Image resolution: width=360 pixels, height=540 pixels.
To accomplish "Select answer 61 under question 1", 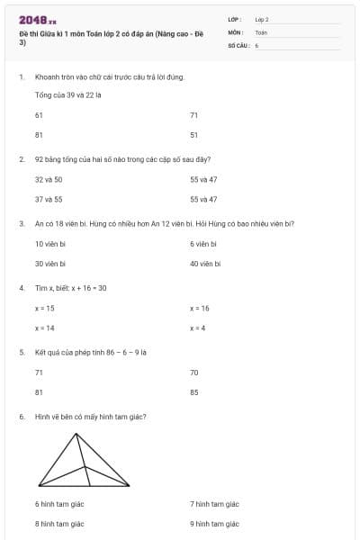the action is [x=39, y=115].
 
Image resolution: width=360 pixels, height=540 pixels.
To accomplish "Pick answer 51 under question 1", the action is [x=193, y=135].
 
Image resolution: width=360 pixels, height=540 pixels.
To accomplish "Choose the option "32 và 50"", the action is [x=48, y=179].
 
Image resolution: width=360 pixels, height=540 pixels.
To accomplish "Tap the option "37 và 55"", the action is [x=48, y=199].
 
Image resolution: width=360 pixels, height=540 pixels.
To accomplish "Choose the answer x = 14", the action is [x=44, y=328].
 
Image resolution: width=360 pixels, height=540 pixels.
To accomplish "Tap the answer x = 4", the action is [x=198, y=328].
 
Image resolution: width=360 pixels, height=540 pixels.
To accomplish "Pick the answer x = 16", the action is [x=200, y=308].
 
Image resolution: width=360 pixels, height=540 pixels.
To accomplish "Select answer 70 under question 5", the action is [x=193, y=372].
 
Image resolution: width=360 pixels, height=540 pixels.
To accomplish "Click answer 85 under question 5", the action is [x=193, y=391].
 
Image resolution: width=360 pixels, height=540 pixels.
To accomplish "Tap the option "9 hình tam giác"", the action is [x=214, y=523].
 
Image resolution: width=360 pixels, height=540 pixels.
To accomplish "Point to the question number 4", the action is [x=21, y=288].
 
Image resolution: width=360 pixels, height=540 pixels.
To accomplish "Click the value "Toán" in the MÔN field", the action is [x=261, y=31].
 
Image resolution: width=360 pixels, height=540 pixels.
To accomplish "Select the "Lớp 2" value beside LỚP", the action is [x=262, y=19].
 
